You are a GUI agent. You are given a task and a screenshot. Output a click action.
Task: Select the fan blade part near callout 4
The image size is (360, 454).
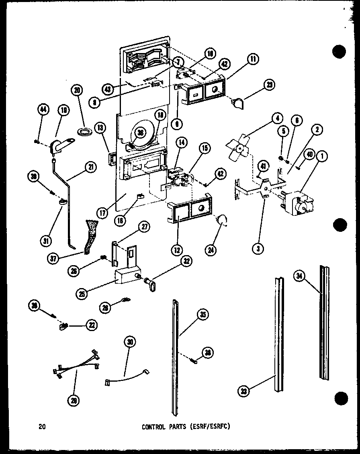239,147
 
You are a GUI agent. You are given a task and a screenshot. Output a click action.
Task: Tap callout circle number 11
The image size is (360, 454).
253,59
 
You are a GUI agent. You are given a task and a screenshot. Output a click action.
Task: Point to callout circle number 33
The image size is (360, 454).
241,391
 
